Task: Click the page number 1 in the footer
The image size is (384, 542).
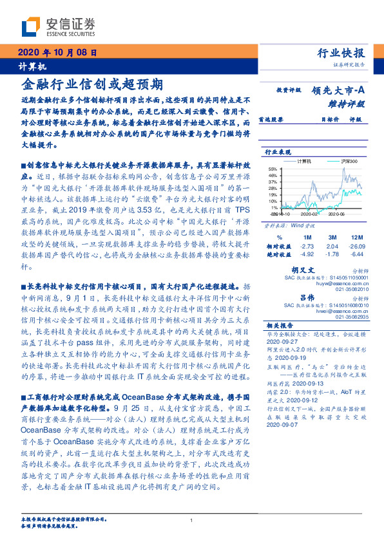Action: click(192, 521)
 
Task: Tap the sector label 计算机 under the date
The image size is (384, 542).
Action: click(28, 66)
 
